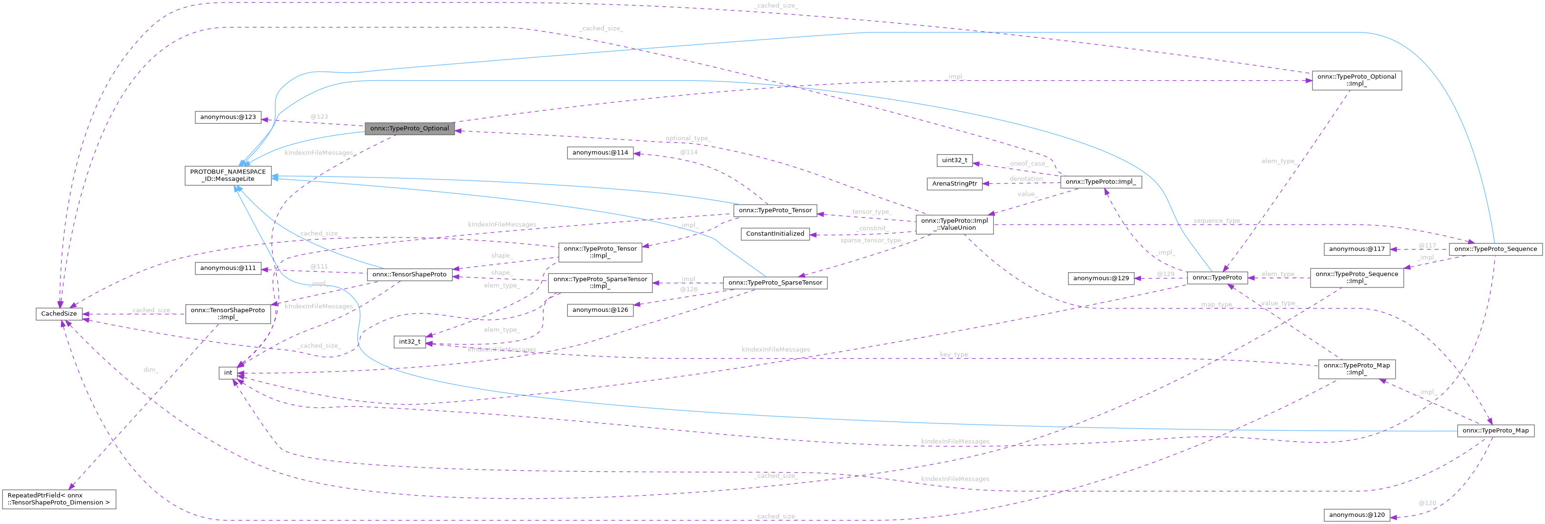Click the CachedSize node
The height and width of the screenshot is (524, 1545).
59,313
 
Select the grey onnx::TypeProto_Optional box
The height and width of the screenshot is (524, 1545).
409,129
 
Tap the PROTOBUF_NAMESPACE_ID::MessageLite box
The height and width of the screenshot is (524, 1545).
228,175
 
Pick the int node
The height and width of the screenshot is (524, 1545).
228,373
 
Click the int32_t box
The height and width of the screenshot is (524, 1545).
409,342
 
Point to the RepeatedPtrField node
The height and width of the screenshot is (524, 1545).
59,499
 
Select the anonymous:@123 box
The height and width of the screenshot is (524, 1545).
228,117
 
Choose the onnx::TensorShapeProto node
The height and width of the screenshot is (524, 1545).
409,274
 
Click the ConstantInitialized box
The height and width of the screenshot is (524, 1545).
775,234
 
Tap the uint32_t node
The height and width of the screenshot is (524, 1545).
955,160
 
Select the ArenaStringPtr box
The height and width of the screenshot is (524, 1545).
954,184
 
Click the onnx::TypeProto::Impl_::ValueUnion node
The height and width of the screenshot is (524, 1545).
954,224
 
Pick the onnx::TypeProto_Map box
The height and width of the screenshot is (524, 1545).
1495,430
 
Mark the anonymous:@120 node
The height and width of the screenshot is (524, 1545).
1357,514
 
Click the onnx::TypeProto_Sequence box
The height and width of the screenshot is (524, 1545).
1495,248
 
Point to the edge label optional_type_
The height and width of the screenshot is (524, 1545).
688,138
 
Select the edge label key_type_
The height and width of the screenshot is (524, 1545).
953,355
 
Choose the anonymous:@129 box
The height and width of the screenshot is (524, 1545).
1100,278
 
